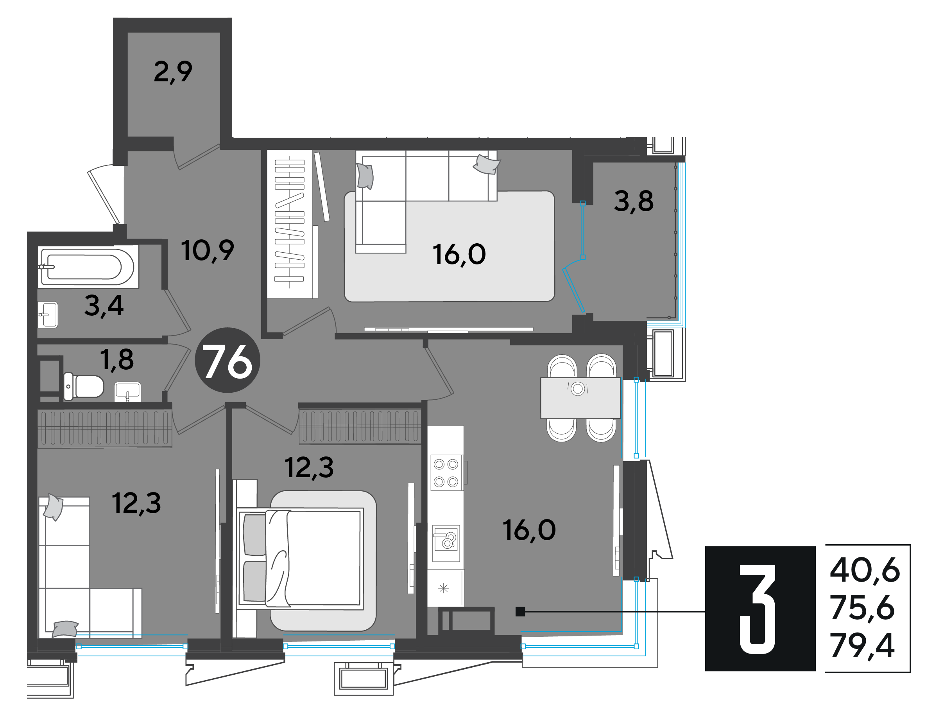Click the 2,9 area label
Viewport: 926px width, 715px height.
point(173,72)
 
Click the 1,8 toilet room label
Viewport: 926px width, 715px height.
point(116,360)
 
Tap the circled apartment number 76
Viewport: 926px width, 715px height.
point(227,360)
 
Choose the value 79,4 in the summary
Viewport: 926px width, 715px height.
point(862,645)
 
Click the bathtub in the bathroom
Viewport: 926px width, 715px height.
point(88,267)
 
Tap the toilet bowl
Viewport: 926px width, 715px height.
point(84,386)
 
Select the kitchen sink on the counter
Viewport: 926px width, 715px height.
point(446,539)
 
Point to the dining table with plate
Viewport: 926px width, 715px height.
point(580,398)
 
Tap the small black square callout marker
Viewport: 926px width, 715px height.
point(520,611)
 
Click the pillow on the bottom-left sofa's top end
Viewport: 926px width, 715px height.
point(54,507)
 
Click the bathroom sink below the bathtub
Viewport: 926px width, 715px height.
point(47,314)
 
